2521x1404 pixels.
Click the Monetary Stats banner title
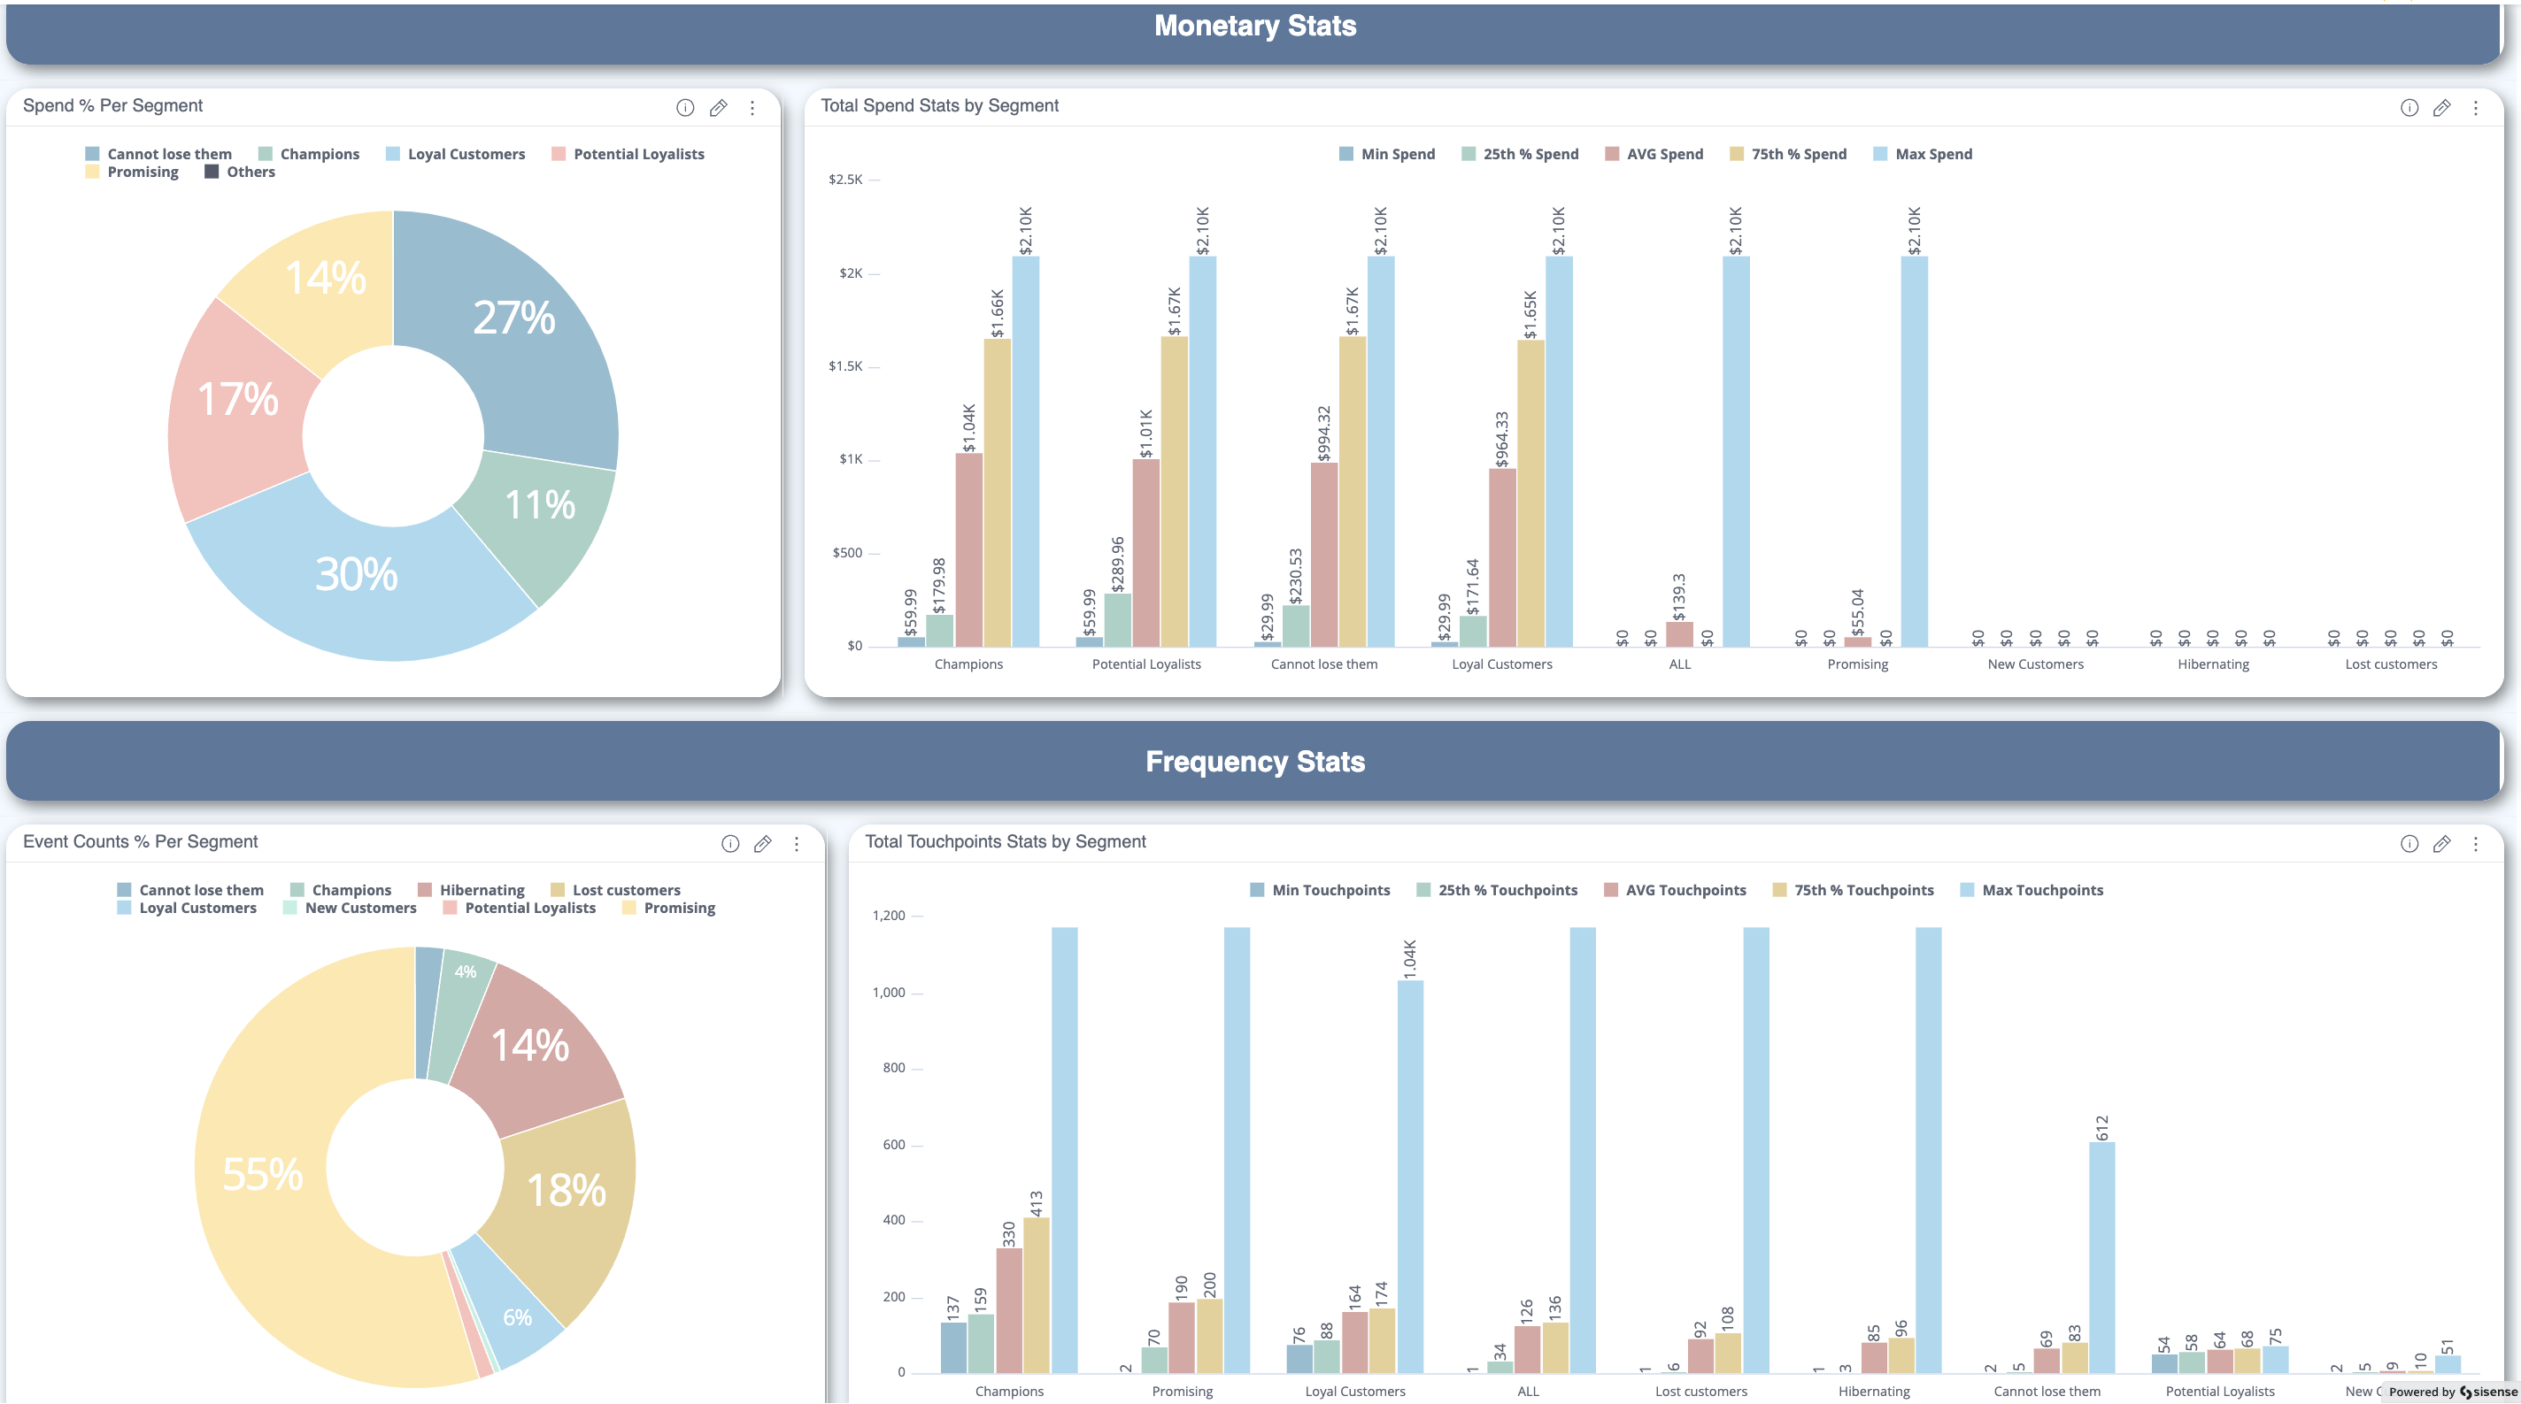click(x=1254, y=27)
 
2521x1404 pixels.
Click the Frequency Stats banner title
click(x=1254, y=763)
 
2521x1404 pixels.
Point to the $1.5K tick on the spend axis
click(x=845, y=367)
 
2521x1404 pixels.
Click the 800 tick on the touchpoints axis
click(x=893, y=1069)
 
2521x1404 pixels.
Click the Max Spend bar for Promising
click(x=1915, y=450)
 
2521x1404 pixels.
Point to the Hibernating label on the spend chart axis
click(x=2213, y=664)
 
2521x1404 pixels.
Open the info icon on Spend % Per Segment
click(x=685, y=108)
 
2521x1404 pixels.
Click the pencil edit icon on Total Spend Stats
click(x=2441, y=108)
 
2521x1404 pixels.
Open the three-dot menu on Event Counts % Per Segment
click(x=797, y=843)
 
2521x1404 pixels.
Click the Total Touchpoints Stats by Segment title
click(x=1005, y=841)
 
